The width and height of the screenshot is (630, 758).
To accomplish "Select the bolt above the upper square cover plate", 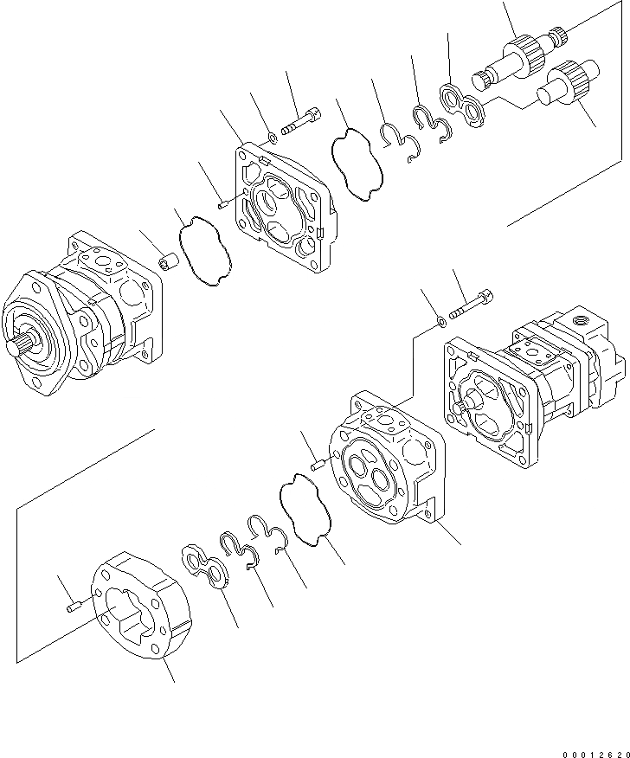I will [301, 122].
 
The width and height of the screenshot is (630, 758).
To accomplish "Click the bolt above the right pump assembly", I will [472, 305].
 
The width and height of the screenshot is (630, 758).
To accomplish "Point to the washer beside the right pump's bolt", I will [442, 322].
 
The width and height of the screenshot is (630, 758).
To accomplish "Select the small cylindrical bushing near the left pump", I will [170, 260].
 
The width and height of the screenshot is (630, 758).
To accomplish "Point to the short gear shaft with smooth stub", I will [560, 84].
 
